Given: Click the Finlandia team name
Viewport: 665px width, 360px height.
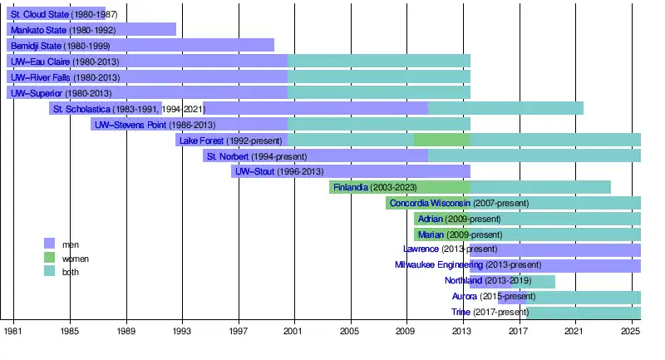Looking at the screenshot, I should coord(350,188).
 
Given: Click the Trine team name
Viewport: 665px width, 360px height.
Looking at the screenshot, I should coord(461,313).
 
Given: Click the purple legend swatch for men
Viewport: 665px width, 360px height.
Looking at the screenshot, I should coord(49,244).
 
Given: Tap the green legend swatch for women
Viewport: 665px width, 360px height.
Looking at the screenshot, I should coord(49,258).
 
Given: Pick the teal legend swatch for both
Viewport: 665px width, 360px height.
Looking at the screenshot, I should coord(49,272).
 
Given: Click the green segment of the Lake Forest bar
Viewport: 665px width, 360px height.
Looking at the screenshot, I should coord(441,140).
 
